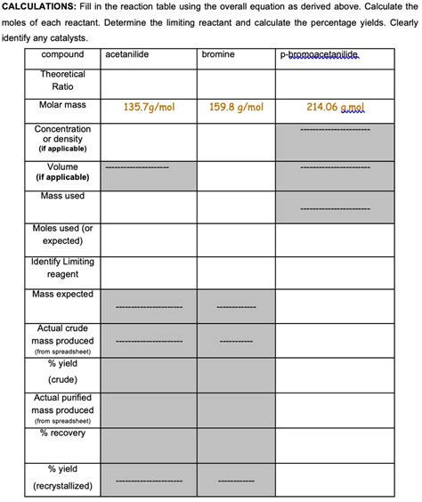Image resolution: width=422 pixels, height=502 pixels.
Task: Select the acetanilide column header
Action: pyautogui.click(x=126, y=55)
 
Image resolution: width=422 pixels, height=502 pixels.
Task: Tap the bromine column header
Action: pyautogui.click(x=218, y=55)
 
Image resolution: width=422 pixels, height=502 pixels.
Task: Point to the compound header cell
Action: pyautogui.click(x=62, y=55)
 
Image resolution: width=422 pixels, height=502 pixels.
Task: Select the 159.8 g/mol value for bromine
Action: pyautogui.click(x=236, y=107)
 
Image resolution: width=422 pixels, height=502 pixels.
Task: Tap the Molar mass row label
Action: pyautogui.click(x=62, y=106)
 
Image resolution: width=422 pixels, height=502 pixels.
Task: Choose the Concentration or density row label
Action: pyautogui.click(x=62, y=139)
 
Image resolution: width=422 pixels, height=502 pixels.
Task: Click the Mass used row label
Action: pyautogui.click(x=62, y=196)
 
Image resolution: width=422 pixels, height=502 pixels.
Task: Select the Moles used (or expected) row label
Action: pyautogui.click(x=62, y=235)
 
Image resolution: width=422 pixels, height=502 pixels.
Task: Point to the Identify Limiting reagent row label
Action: pyautogui.click(x=62, y=268)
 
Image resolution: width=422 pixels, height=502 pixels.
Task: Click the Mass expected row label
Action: pyautogui.click(x=62, y=295)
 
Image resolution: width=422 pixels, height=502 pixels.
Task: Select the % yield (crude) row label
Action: pyautogui.click(x=62, y=371)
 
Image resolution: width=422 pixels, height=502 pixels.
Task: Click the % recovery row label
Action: pyautogui.click(x=62, y=433)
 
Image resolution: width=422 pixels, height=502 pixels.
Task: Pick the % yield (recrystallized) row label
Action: pyautogui.click(x=62, y=478)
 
